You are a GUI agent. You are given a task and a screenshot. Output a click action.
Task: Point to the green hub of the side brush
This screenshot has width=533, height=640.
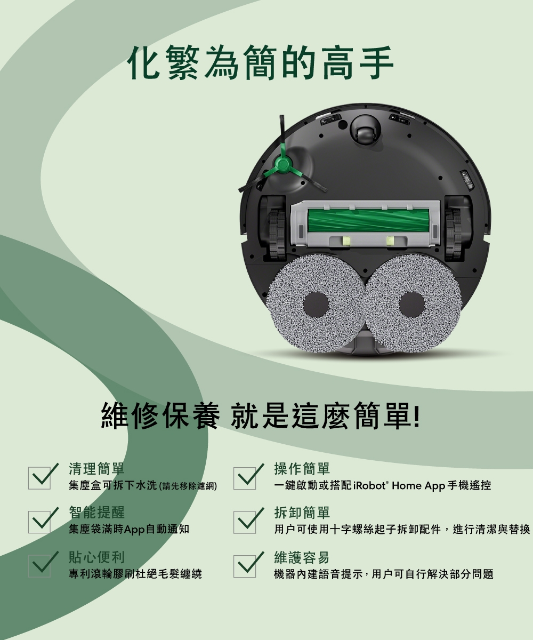[281, 165]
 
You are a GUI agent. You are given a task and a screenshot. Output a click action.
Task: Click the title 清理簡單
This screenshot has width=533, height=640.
[96, 469]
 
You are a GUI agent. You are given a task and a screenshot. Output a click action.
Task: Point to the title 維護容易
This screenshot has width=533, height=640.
[302, 558]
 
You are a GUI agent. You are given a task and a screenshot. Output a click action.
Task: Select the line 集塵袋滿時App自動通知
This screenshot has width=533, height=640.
[128, 530]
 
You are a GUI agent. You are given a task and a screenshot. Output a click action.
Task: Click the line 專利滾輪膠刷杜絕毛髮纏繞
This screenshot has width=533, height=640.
[135, 574]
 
